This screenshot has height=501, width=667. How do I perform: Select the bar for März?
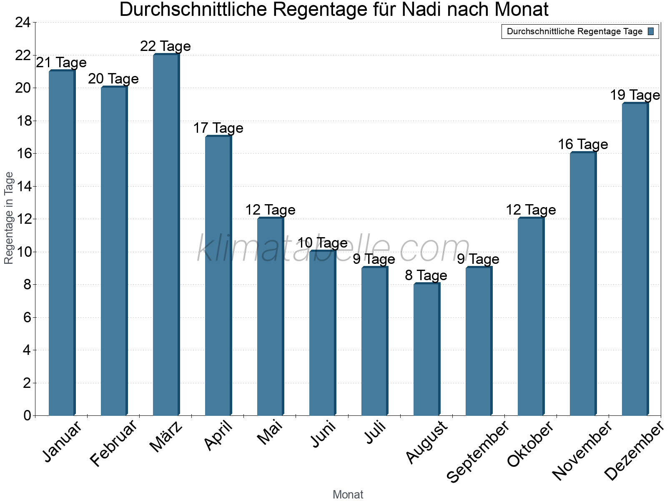tap(166, 235)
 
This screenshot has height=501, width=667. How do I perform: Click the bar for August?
tap(426, 349)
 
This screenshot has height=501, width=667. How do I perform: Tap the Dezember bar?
tap(635, 259)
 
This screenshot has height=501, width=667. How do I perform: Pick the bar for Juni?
tap(322, 333)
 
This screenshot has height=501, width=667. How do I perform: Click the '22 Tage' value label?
tap(165, 46)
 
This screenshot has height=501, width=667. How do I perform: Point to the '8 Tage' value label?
tap(426, 276)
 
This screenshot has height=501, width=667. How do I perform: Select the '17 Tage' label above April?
tap(218, 128)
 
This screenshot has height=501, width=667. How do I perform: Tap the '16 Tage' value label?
tap(583, 144)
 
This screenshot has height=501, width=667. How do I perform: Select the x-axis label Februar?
tap(113, 443)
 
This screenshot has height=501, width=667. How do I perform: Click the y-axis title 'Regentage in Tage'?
tap(9, 218)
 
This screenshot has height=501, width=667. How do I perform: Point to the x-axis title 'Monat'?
tap(348, 495)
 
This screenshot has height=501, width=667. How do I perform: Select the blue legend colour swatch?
tap(651, 31)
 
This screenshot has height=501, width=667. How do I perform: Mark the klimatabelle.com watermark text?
tap(333, 248)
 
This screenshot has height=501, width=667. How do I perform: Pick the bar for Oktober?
tap(531, 316)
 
